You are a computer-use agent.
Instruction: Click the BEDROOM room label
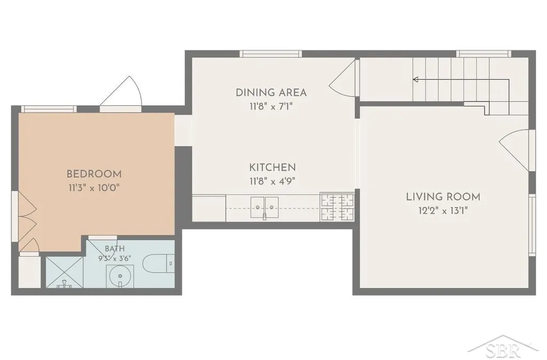point(94,174)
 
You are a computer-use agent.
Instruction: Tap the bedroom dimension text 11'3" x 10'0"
point(94,188)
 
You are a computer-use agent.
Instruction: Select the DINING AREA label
point(271,93)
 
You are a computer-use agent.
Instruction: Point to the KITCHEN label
point(272,167)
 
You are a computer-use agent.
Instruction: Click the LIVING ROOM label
point(443,197)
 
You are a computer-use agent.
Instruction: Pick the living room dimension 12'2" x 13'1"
point(443,210)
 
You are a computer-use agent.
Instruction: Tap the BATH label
point(115,249)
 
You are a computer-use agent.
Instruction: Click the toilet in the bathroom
point(158,263)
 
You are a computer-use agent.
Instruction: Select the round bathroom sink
point(120,276)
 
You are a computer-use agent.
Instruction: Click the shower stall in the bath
point(65,272)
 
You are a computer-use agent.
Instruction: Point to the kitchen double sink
point(264,207)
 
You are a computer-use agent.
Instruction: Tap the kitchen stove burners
point(337,207)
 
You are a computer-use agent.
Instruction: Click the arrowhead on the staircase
point(416,80)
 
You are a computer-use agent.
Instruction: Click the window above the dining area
point(271,54)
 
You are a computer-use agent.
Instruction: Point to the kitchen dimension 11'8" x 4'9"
point(272,182)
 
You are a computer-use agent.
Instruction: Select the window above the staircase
point(484,54)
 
